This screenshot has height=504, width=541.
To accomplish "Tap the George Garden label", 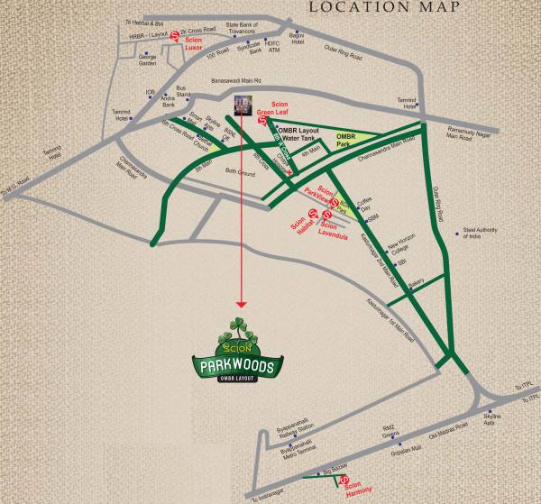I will (148, 61).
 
